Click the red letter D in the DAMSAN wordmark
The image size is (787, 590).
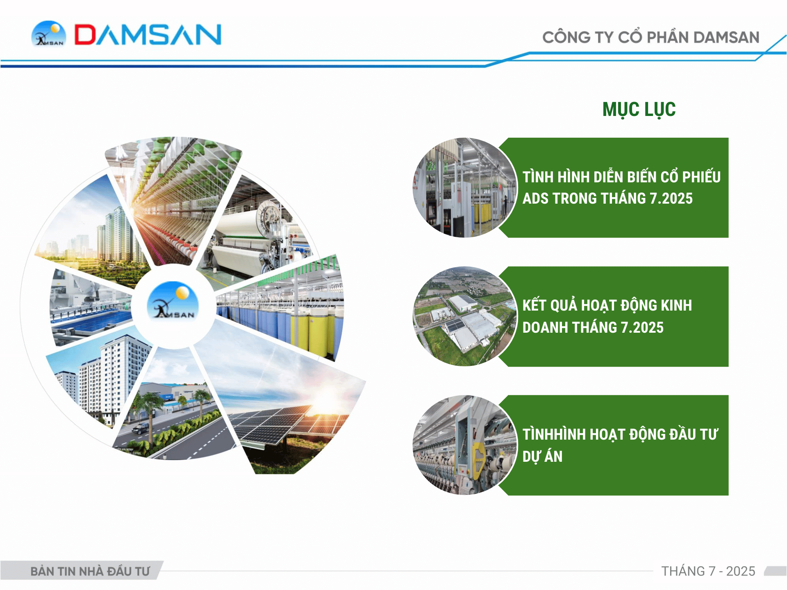(84, 34)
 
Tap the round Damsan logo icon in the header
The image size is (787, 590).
(49, 34)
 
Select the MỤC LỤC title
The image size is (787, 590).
(639, 109)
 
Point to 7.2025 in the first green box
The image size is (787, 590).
(671, 199)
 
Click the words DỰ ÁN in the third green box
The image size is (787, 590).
(542, 456)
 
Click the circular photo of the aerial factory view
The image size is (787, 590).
(465, 316)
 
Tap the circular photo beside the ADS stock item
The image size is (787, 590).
(465, 188)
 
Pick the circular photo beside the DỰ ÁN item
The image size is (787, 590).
(465, 445)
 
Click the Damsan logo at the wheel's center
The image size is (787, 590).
(173, 301)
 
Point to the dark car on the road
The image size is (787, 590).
(141, 429)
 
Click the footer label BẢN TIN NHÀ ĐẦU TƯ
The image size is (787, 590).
(90, 571)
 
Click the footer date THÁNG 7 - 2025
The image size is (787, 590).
(708, 571)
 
